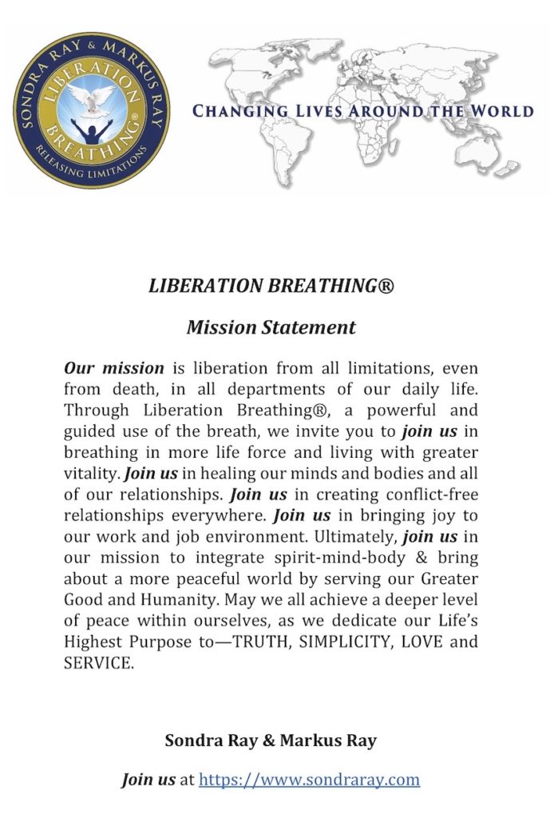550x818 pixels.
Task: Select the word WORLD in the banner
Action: click(x=501, y=110)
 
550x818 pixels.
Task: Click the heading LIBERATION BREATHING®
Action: click(x=271, y=285)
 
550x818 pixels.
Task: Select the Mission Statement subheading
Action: click(x=271, y=328)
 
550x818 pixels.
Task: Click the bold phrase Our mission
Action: click(x=113, y=368)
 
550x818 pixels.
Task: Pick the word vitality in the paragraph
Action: click(x=92, y=472)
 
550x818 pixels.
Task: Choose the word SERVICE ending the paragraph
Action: click(x=98, y=661)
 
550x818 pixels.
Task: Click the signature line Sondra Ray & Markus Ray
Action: click(x=271, y=741)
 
